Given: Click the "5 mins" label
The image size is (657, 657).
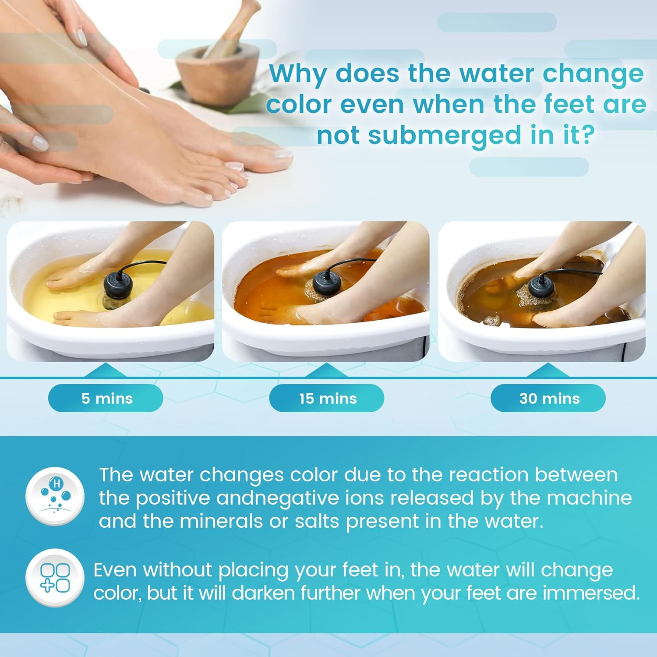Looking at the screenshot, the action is [x=107, y=399].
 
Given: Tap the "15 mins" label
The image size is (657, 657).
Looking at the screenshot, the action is [x=328, y=399].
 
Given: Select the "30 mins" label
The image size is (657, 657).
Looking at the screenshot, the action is [x=549, y=399].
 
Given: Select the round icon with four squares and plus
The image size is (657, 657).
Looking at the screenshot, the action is [x=55, y=578].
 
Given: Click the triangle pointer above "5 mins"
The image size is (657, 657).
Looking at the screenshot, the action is [x=105, y=370].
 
